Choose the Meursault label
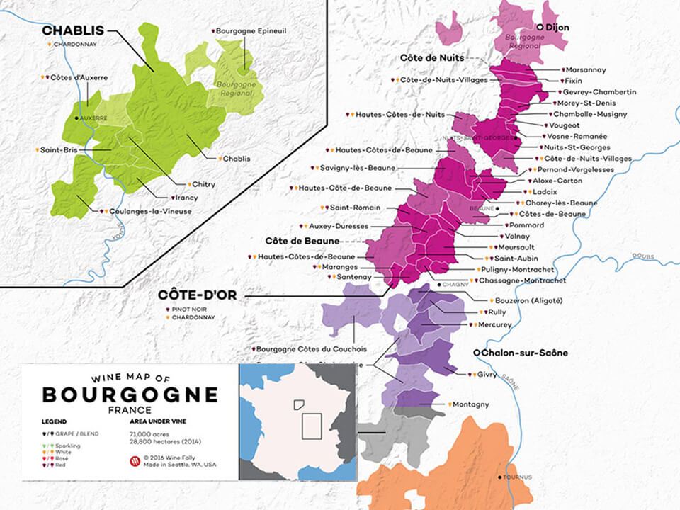click(519, 247)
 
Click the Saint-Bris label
click(58, 150)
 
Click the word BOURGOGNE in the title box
click(130, 395)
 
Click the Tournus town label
click(519, 477)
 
